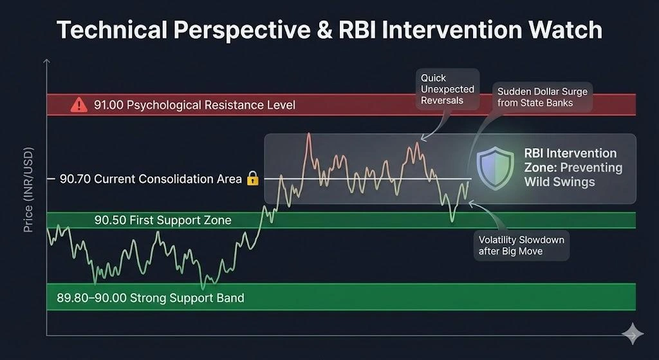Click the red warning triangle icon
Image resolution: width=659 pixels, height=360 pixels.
(x=79, y=104)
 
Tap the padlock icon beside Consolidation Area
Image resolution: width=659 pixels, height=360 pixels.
(x=252, y=178)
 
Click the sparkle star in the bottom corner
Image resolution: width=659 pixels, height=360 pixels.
(x=632, y=334)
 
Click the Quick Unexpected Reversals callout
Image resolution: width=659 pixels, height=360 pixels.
(x=447, y=89)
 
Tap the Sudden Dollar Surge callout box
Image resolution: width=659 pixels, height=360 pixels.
(x=542, y=97)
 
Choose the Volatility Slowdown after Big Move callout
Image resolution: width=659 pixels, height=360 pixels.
(x=521, y=245)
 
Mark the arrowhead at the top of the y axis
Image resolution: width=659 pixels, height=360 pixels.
(x=47, y=61)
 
